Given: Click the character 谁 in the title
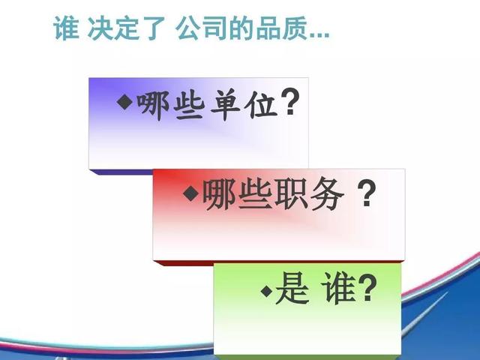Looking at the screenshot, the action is coord(66,28).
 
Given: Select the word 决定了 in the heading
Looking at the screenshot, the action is coord(127,28).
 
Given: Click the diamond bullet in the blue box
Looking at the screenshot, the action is coord(125,102).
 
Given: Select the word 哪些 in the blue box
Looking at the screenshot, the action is coord(169,105).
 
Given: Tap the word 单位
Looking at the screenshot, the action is coord(244,104).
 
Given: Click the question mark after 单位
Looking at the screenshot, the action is coord(290,102).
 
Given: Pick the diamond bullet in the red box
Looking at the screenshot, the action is coord(191,193).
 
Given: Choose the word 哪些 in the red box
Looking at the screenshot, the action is coord(237,194).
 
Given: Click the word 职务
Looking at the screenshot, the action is coord(308,194).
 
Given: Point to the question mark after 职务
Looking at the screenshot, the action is coord(367,193).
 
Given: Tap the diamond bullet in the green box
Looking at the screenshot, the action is coord(267,290).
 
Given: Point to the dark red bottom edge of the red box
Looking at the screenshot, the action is coord(278,263).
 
